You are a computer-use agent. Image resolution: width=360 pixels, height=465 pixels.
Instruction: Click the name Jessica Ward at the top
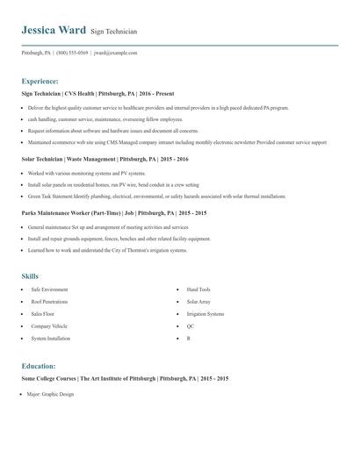[54, 30]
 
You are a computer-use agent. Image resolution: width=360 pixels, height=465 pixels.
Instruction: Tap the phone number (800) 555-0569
[72, 52]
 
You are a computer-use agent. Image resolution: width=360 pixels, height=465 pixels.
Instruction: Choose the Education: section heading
[39, 366]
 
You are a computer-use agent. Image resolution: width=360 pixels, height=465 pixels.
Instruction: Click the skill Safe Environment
[49, 289]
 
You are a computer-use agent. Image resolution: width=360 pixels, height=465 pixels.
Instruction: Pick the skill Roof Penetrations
[49, 301]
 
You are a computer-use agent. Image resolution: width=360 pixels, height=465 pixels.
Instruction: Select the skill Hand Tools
[198, 289]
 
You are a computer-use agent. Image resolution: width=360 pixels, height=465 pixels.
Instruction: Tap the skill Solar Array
[198, 301]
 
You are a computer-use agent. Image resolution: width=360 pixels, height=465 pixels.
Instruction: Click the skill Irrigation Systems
[205, 313]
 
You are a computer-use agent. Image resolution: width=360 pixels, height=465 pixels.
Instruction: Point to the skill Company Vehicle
[49, 325]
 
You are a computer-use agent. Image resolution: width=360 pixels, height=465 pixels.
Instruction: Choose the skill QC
[190, 325]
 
